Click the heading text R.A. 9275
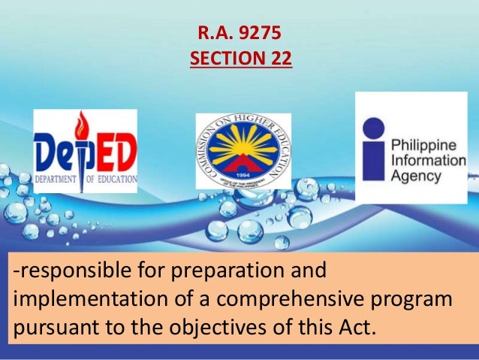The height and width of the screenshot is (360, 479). (x=239, y=34)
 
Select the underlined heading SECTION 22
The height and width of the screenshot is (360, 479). (x=239, y=58)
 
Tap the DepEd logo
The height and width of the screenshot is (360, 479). (x=86, y=151)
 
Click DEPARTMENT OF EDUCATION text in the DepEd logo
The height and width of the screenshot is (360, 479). (x=86, y=180)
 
